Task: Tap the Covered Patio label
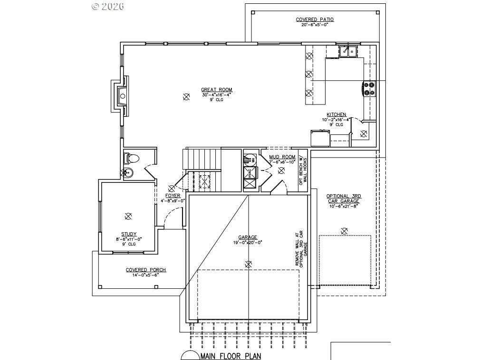pos(315,19)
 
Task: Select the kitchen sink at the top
pos(348,51)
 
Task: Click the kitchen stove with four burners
pos(369,89)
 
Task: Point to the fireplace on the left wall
pos(120,96)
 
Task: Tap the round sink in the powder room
pos(127,172)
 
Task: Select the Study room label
pos(128,234)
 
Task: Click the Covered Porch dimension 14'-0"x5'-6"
pos(145,275)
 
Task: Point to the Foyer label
pos(173,196)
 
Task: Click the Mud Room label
pos(282,157)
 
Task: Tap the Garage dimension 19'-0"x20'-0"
pos(248,242)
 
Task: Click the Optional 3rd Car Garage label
pos(343,199)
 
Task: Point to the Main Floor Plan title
pos(230,356)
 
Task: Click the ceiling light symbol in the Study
pos(127,216)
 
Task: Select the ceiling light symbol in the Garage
pos(248,264)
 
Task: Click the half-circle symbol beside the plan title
pos(190,356)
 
